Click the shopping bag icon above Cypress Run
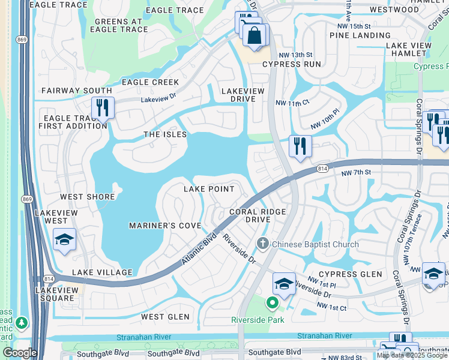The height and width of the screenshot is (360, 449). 255,35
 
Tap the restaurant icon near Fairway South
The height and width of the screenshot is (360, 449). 103,108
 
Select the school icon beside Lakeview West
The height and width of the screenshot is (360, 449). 64,240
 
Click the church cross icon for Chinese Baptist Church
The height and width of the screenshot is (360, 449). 262,244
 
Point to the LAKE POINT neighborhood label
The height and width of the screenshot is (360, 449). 208,189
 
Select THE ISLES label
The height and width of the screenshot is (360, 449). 165,134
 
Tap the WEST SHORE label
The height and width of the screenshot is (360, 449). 87,197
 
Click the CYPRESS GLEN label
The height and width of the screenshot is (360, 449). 346,274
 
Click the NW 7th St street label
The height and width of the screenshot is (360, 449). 357,173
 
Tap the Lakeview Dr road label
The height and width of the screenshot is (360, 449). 158,101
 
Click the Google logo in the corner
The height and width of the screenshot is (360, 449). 19,353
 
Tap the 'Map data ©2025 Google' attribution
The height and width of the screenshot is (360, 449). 412,355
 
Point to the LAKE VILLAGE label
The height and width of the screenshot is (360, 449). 102,272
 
